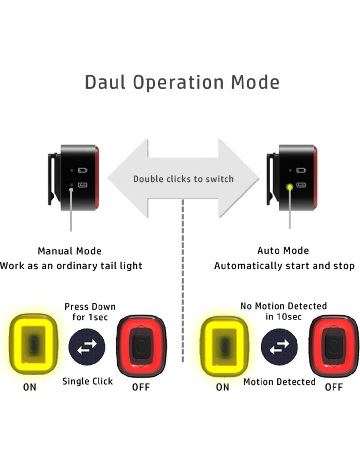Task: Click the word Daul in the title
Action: click(105, 82)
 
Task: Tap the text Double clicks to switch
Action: click(183, 179)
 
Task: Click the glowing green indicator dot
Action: click(289, 187)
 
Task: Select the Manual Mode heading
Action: click(70, 251)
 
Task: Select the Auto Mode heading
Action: click(283, 251)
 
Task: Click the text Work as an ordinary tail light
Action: click(71, 266)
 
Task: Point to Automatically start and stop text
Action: click(284, 266)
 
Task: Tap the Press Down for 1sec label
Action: click(90, 312)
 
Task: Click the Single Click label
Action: click(87, 381)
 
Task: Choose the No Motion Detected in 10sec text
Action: click(283, 311)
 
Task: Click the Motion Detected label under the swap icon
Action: click(279, 382)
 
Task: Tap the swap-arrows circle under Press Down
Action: click(87, 347)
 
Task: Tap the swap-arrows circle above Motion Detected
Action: click(279, 347)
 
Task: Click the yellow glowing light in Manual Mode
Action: click(33, 344)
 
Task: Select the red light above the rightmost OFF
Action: click(333, 346)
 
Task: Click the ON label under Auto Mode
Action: click(223, 387)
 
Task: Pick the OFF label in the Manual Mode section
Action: click(141, 387)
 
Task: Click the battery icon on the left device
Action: click(82, 170)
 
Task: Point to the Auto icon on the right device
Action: click(301, 185)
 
